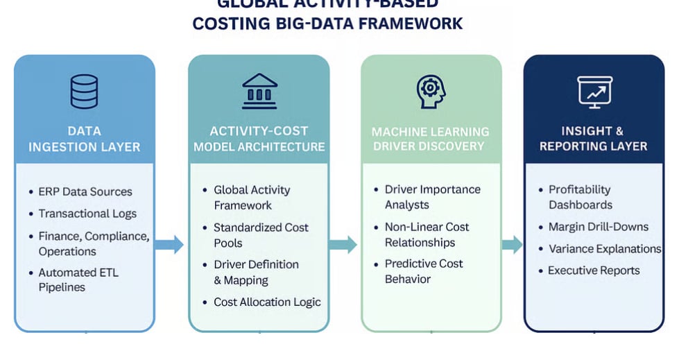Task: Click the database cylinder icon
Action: (x=84, y=91)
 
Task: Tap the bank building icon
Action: (x=259, y=91)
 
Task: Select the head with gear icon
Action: (x=430, y=91)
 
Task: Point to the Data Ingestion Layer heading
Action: (x=84, y=139)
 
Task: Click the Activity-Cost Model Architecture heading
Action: (x=259, y=139)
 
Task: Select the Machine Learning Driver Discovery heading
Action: (x=430, y=139)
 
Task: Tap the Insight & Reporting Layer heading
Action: (x=594, y=139)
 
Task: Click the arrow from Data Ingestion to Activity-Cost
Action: (x=170, y=244)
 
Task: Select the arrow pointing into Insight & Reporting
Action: (x=512, y=244)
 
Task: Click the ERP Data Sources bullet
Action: (x=85, y=191)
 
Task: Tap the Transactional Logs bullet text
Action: (x=87, y=214)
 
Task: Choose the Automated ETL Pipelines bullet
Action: (x=78, y=280)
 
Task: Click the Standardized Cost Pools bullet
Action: (x=261, y=235)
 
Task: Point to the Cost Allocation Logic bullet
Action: (x=267, y=302)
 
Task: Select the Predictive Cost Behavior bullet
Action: (x=424, y=271)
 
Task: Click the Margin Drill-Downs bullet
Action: (x=598, y=227)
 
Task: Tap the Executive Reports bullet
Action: (x=594, y=271)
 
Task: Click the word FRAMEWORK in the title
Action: (x=412, y=24)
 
